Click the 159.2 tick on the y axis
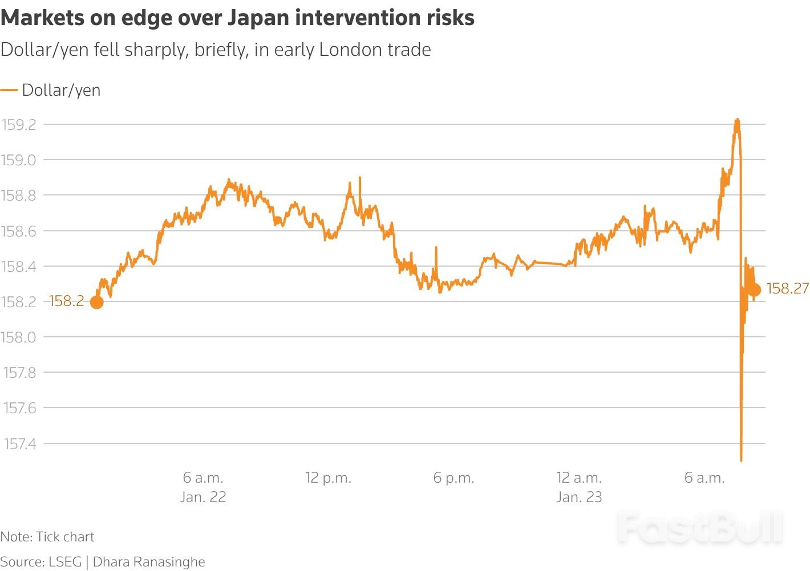[x=19, y=125]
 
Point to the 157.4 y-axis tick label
[x=19, y=443]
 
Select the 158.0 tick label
[x=19, y=337]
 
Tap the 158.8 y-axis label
[x=19, y=195]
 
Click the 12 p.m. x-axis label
[x=328, y=478]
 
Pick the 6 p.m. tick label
[x=453, y=478]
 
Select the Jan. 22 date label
[x=203, y=497]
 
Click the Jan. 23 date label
[x=579, y=497]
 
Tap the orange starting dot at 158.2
[x=97, y=302]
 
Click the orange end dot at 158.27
[x=754, y=290]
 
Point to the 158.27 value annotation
[x=787, y=289]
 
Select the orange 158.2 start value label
[x=66, y=301]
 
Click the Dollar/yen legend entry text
[x=61, y=90]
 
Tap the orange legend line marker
[x=9, y=90]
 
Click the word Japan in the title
[x=257, y=18]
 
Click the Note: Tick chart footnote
[x=47, y=537]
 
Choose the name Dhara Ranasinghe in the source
[x=149, y=562]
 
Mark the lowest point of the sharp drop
[x=741, y=459]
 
